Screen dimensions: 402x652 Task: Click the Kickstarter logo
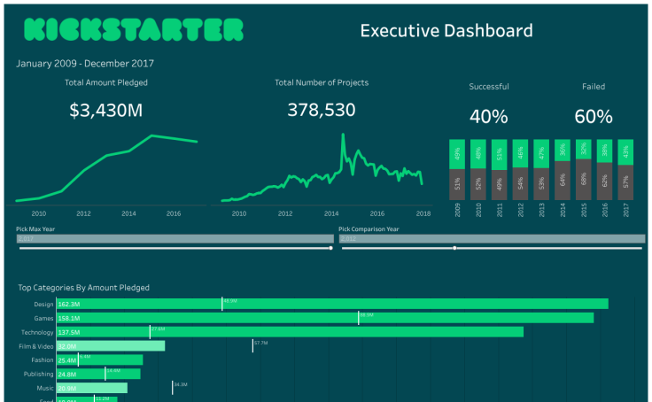pos(132,30)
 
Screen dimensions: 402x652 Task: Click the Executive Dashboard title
pos(446,31)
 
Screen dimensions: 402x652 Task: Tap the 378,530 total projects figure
pos(321,110)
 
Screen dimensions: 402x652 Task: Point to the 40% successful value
pos(488,117)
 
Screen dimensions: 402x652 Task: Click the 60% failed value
pos(593,117)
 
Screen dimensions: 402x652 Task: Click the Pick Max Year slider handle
pos(331,248)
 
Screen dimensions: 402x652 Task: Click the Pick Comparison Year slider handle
pos(454,248)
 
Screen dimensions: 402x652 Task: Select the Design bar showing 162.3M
pos(332,304)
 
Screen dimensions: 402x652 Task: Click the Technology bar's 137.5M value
pos(69,332)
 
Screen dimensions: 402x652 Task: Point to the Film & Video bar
pos(111,346)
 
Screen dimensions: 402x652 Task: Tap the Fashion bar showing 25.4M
pos(99,360)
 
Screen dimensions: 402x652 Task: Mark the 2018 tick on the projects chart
pos(423,213)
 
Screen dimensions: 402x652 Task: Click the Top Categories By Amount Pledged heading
pos(84,288)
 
